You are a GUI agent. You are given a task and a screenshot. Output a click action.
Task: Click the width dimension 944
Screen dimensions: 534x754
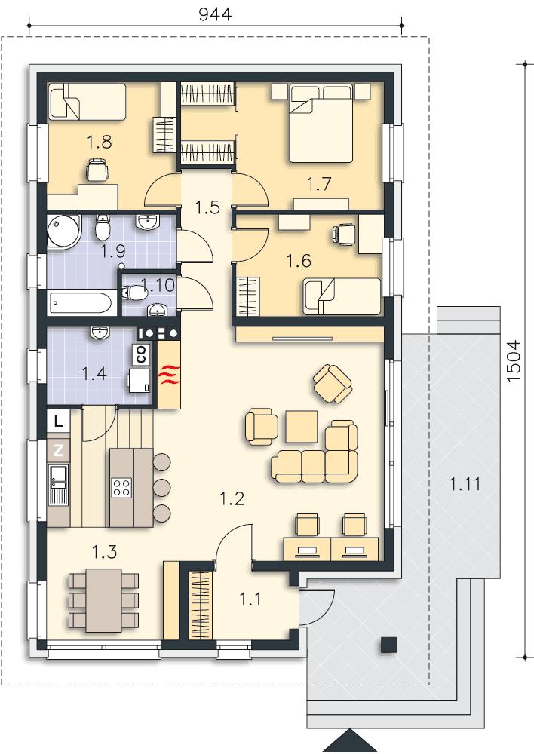pos(215,14)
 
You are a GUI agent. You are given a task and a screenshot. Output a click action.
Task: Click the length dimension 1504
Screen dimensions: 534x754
pos(514,360)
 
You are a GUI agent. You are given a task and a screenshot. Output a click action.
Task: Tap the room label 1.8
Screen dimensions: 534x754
pos(99,142)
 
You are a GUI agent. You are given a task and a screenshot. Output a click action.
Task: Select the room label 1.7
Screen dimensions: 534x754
pos(319,184)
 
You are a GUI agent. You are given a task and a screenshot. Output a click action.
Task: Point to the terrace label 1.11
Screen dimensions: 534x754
pos(465,484)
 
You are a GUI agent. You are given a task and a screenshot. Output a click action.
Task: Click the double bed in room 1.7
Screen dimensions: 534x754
pos(321,123)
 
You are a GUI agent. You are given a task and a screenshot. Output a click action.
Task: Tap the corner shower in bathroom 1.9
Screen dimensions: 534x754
pos(64,231)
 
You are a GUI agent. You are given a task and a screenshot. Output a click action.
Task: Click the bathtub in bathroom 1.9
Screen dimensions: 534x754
pos(81,303)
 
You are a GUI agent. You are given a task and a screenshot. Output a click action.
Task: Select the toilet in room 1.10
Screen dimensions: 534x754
pos(134,293)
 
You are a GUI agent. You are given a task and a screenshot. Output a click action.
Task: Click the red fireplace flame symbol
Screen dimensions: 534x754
pos(170,374)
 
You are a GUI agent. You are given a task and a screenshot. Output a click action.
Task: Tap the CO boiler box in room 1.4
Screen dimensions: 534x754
pos(141,354)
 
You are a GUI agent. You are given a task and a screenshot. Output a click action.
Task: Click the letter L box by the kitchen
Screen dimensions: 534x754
pos(58,421)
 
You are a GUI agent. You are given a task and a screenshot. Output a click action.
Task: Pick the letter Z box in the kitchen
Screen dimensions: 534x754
pos(58,450)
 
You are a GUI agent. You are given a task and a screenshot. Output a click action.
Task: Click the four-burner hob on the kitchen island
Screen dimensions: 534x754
pos(121,488)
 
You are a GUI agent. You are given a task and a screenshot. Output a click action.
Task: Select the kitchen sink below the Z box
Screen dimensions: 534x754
pos(58,485)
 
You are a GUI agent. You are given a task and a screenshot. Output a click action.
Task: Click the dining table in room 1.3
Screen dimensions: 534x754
pos(104,600)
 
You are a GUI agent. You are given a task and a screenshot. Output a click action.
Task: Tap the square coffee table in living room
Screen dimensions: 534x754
pos(302,426)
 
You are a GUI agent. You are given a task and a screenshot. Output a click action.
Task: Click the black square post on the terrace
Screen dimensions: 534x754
pos(388,645)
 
